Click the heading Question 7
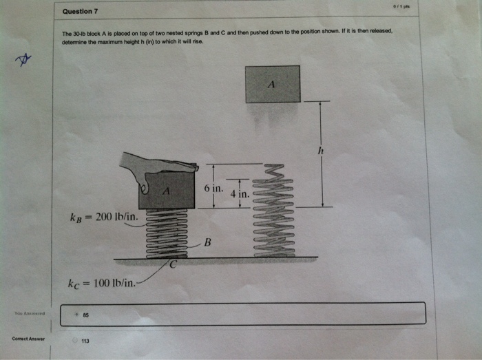click(80, 12)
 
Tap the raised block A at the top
click(273, 84)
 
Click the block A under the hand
click(166, 191)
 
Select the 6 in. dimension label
click(213, 188)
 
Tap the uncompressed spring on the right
click(273, 210)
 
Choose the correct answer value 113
click(85, 341)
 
